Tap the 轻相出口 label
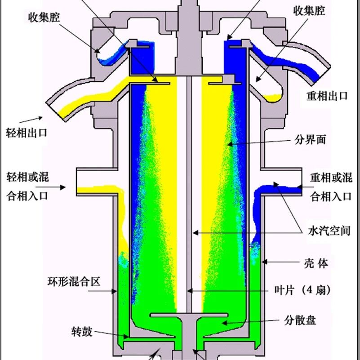[27, 133]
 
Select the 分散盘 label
[300, 320]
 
